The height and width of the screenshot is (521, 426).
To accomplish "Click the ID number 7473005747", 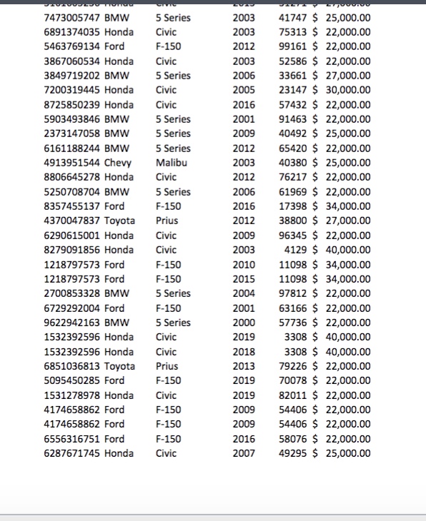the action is [x=72, y=18].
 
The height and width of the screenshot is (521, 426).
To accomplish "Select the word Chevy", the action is [x=118, y=163].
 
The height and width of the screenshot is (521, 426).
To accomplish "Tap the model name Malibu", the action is [x=172, y=163].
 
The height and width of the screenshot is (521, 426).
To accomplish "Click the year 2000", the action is [x=243, y=323].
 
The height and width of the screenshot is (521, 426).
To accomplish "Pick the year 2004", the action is [x=243, y=293].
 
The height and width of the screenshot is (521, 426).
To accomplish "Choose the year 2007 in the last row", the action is [x=243, y=453].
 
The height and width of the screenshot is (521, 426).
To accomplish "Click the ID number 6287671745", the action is [x=72, y=453].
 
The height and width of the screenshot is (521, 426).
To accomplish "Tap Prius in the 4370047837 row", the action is [x=167, y=221].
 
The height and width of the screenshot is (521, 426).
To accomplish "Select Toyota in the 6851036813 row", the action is [x=119, y=366].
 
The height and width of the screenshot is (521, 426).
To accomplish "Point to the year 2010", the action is [x=243, y=265].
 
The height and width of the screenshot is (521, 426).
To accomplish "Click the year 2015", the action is [x=243, y=279].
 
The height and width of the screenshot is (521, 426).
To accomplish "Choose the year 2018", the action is [x=243, y=352].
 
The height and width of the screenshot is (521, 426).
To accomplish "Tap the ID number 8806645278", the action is [x=72, y=177].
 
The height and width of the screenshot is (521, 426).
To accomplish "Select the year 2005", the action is [x=243, y=91].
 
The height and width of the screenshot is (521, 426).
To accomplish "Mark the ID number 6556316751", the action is [x=72, y=439].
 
